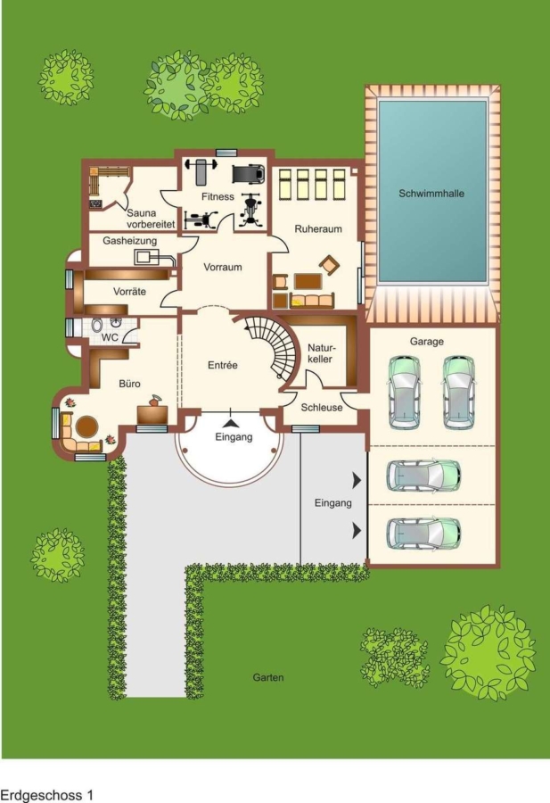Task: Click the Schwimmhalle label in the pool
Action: tap(431, 194)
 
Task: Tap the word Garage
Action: tap(427, 342)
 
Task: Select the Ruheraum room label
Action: tap(318, 229)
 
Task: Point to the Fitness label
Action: tap(218, 196)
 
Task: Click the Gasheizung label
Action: tap(130, 241)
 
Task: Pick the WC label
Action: tap(110, 338)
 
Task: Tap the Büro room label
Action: tap(129, 384)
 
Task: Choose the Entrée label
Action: tap(223, 365)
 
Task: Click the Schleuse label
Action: tap(322, 408)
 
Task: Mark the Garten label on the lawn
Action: tap(268, 677)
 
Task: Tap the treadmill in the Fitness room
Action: tap(249, 174)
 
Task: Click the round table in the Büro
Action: tap(87, 426)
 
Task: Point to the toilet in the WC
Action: tap(96, 325)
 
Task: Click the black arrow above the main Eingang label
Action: tap(232, 423)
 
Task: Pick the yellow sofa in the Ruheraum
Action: tap(312, 301)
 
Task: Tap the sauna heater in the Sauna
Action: tap(95, 203)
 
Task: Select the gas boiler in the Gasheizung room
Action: tap(146, 257)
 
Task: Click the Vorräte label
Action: tap(129, 292)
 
